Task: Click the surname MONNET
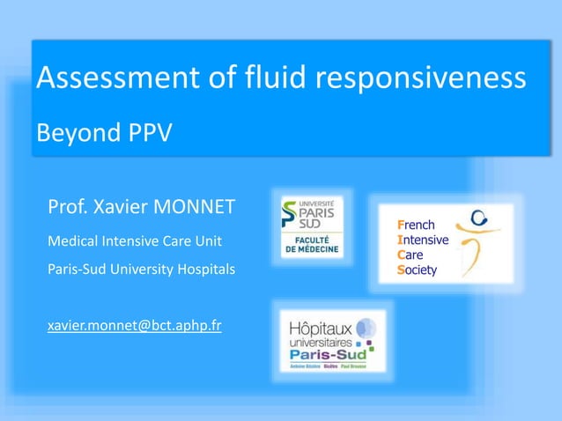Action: [196, 208]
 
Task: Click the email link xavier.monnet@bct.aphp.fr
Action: [134, 326]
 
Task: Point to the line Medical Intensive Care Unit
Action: [134, 240]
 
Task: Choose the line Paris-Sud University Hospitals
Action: [141, 269]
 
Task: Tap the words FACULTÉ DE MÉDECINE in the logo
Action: [312, 246]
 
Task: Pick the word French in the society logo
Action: [416, 226]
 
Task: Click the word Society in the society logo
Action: [418, 270]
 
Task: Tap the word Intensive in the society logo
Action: [423, 240]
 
